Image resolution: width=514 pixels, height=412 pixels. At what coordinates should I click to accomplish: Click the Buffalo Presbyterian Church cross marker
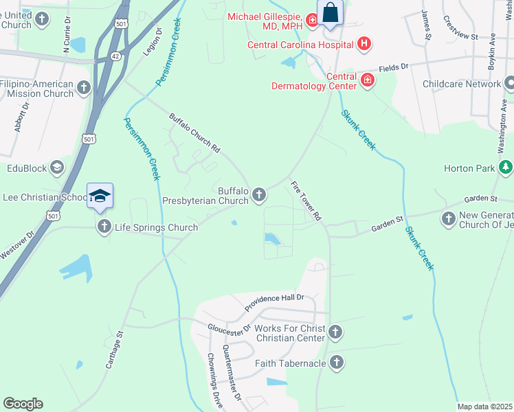click(259, 195)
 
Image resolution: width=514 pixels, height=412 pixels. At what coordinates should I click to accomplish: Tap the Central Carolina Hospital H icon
click(364, 45)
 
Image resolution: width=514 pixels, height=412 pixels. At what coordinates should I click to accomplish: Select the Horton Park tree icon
click(506, 167)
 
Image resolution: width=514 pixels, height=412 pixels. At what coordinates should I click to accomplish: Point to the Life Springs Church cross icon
click(104, 227)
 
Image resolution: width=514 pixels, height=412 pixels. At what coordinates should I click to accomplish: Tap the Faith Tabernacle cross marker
click(336, 363)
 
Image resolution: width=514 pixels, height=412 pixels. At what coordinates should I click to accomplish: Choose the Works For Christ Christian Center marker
click(335, 332)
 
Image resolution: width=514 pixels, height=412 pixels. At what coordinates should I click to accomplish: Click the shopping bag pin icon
click(331, 12)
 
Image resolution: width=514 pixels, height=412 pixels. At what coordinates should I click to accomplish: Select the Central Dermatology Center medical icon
click(368, 81)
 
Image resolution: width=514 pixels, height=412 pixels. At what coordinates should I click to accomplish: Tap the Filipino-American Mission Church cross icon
click(83, 88)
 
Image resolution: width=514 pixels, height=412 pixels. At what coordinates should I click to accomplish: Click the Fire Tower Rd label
click(306, 201)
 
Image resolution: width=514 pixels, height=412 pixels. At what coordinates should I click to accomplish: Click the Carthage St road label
click(114, 350)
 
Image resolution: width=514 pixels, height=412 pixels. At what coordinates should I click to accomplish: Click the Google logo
click(23, 404)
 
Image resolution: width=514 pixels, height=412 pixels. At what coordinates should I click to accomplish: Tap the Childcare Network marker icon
click(509, 84)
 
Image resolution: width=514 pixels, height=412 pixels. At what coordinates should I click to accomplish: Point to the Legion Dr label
click(153, 43)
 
